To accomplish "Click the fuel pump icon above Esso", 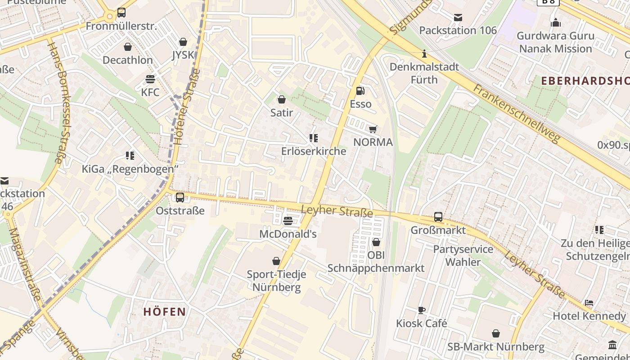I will pos(360,91).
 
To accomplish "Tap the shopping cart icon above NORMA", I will pos(373,130).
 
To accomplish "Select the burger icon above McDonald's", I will pos(288,221).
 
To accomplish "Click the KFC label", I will pos(150,92).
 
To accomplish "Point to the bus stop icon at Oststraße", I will pos(180,197).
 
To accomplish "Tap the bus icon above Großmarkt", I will pos(438,217).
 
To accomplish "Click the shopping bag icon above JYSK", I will pos(183,42).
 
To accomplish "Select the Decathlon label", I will pos(128,60).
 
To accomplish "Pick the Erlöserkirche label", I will pos(314,151).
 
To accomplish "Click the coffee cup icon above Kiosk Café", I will pos(422,310).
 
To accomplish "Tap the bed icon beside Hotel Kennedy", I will pos(589,303).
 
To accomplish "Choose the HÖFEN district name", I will pos(165,311).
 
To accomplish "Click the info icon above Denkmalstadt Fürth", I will pos(424,54).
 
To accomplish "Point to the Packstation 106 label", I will pos(458,31).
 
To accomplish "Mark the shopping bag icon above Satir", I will pos(282,99).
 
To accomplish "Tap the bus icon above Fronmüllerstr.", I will pos(121,13).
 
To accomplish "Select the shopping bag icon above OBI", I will pos(376,243).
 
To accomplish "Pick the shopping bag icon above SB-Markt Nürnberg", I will pos(496,334).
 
